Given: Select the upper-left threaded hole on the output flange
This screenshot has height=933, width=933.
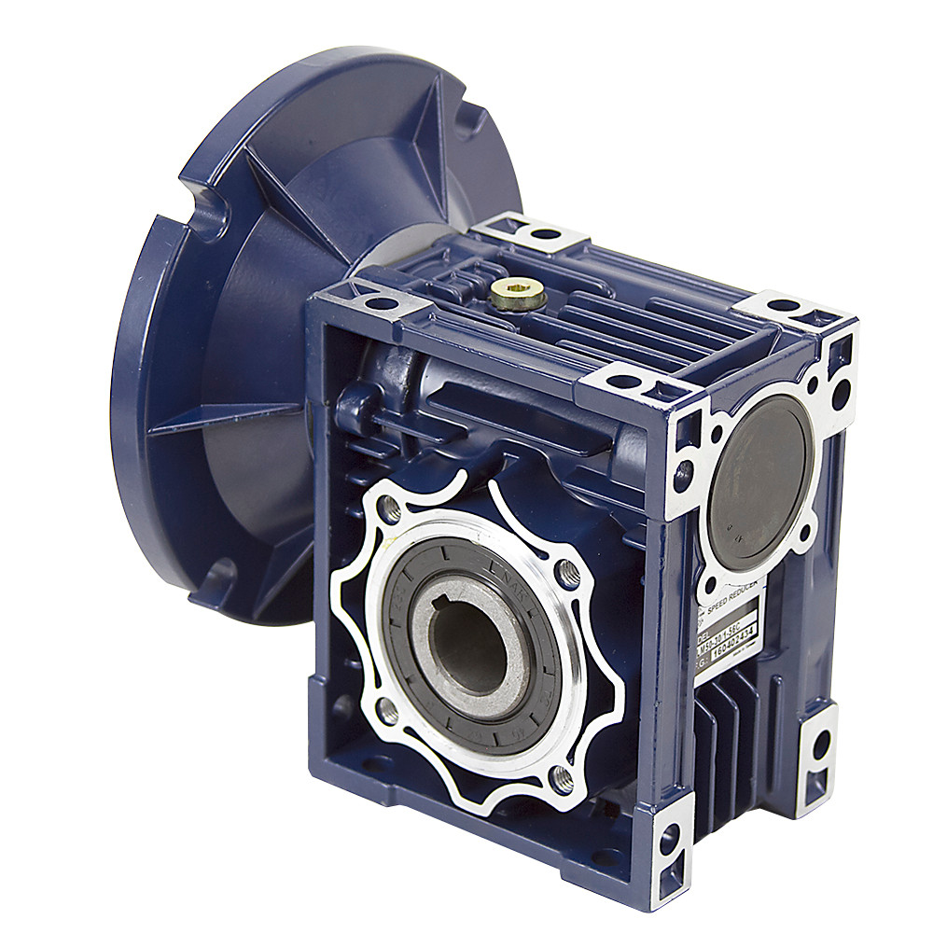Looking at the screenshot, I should [392, 509].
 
